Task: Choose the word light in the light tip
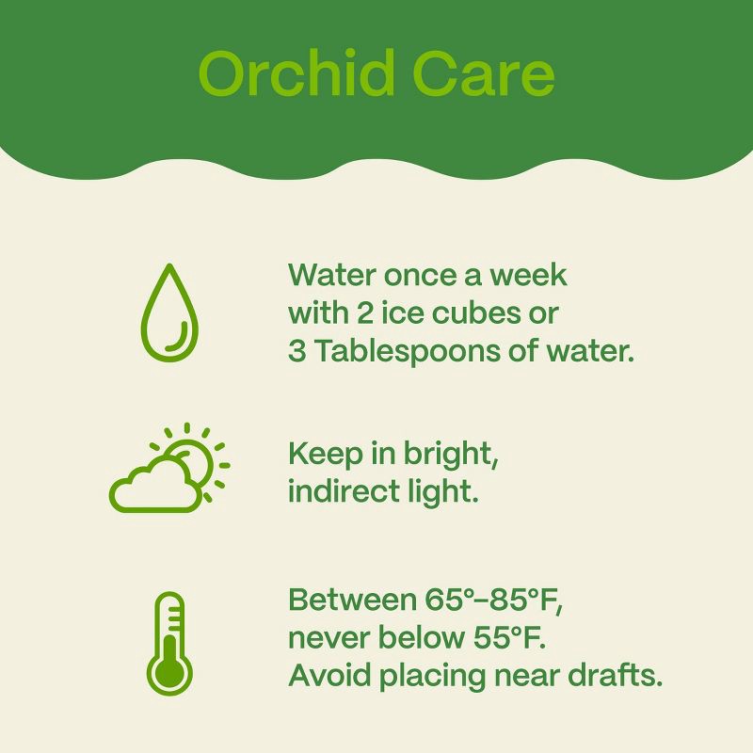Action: (x=442, y=491)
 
